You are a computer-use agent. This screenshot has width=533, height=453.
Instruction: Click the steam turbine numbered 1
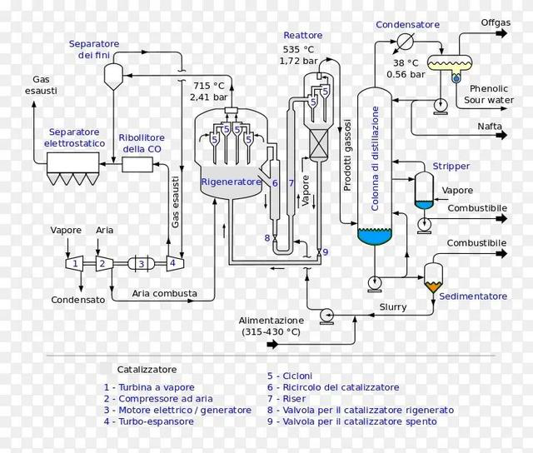coord(74,263)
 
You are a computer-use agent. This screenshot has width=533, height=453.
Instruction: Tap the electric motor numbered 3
coord(142,263)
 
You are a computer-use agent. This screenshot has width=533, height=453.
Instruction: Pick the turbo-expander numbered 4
coord(175,263)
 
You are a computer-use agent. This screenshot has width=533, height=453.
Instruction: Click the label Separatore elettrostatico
coord(74,137)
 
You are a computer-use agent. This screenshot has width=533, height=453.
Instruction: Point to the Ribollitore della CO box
coord(137,165)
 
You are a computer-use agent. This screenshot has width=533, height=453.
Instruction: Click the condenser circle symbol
coord(406,42)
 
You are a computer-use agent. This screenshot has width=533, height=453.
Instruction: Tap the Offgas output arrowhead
coord(502,33)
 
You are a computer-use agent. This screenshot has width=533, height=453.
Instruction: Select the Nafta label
coord(490,127)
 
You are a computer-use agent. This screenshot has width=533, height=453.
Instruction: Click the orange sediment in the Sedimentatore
coord(433,287)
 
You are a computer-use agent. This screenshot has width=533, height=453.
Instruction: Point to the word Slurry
coord(393,307)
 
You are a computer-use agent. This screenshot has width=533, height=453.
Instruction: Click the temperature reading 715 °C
coord(209,86)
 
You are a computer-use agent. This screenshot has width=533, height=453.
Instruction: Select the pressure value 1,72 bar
coord(298,61)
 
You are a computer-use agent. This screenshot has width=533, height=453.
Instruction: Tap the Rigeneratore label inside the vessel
coord(231,182)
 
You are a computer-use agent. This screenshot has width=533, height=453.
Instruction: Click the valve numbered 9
coord(319,252)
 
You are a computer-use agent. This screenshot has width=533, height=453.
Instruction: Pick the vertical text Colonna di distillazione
coord(375,158)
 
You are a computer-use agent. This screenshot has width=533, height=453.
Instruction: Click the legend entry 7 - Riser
coord(286,399)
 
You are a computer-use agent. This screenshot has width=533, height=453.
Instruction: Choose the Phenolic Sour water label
coord(489,94)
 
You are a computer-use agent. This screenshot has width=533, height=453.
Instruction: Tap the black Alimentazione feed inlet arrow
coord(272,345)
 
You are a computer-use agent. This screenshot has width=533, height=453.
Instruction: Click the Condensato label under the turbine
coord(77,300)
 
